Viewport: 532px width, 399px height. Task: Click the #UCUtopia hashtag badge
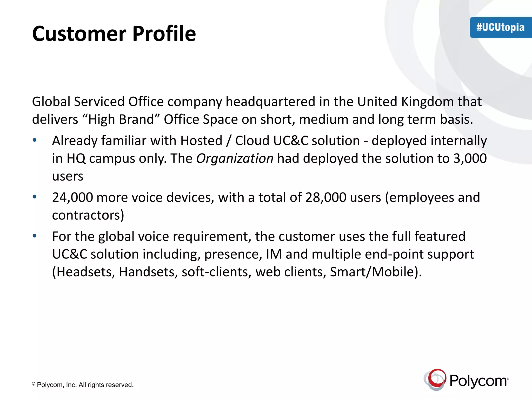pyautogui.click(x=500, y=28)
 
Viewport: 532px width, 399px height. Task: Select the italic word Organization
pyautogui.click(x=235, y=158)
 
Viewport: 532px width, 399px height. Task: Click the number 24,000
pyautogui.click(x=72, y=197)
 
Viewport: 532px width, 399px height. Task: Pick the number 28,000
pyautogui.click(x=326, y=197)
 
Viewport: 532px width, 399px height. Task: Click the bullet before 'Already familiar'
pyautogui.click(x=35, y=141)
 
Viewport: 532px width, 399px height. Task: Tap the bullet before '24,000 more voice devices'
pyautogui.click(x=35, y=197)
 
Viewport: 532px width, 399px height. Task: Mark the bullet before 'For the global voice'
pyautogui.click(x=35, y=236)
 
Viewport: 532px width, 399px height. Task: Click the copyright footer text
pyautogui.click(x=83, y=385)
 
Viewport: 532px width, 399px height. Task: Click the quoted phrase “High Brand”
pyautogui.click(x=121, y=119)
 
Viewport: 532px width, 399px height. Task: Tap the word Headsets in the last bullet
pyautogui.click(x=84, y=272)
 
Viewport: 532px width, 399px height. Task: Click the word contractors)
pyautogui.click(x=88, y=215)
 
